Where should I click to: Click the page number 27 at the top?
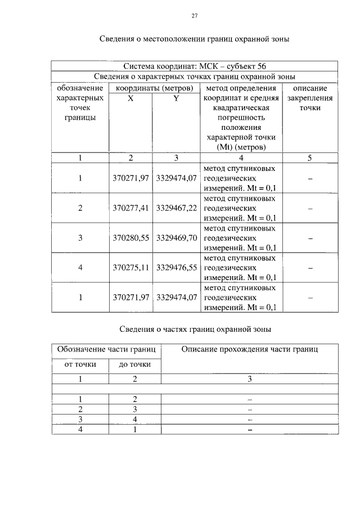click(x=194, y=16)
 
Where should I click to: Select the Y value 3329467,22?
click(x=176, y=208)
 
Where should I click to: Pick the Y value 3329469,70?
click(x=176, y=238)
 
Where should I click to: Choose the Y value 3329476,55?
click(x=176, y=268)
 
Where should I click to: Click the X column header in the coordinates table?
click(x=130, y=98)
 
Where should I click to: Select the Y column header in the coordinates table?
click(x=175, y=98)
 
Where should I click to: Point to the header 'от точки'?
click(x=79, y=364)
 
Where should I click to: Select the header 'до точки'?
click(x=135, y=364)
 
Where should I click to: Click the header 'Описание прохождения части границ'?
click(x=249, y=349)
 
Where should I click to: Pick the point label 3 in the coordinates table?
click(x=80, y=238)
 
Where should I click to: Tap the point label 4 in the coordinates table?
click(x=80, y=268)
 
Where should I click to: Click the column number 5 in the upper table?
click(x=310, y=158)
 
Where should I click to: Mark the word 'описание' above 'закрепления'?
click(x=310, y=88)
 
